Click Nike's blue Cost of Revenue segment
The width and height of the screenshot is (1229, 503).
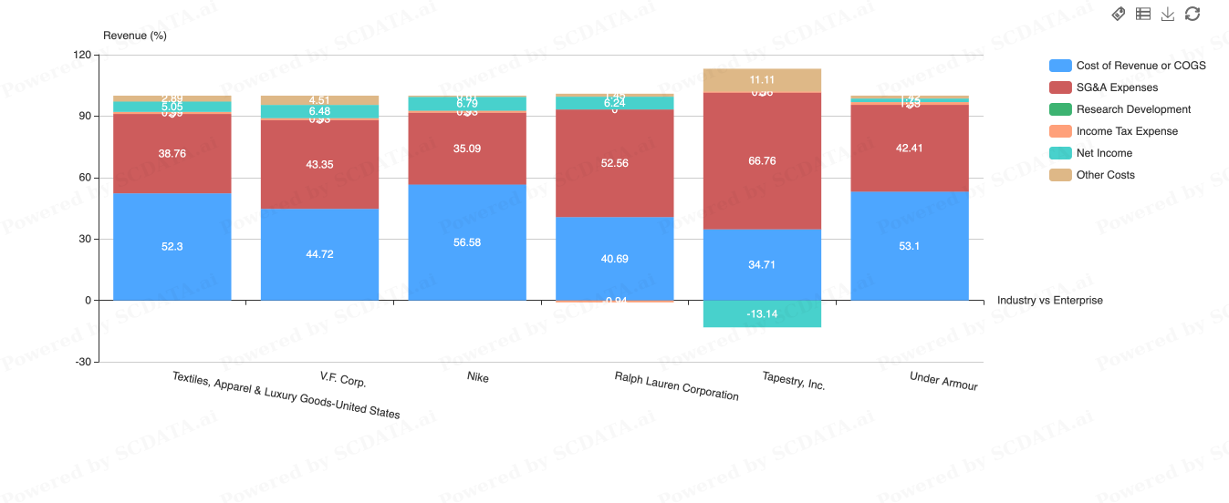tap(467, 242)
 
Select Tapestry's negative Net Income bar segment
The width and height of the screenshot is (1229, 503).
tap(762, 313)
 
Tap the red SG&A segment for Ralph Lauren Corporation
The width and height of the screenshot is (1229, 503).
tap(614, 163)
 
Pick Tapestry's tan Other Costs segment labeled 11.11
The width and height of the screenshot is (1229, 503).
tap(762, 80)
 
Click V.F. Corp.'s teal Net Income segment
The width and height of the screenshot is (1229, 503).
tap(319, 111)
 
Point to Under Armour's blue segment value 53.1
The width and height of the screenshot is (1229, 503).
tap(910, 246)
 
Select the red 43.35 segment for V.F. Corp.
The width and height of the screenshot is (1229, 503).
tap(319, 164)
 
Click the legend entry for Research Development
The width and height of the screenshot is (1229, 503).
tap(1133, 109)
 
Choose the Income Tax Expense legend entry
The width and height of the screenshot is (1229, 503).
tap(1127, 131)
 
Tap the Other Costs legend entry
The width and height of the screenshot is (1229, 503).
tap(1105, 175)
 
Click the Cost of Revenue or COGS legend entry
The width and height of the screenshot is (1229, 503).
tap(1140, 66)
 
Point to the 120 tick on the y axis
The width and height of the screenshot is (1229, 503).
tap(82, 56)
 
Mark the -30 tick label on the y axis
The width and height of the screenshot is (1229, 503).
tap(82, 362)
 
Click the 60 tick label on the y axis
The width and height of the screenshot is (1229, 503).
tap(85, 178)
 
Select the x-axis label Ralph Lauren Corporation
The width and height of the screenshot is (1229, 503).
tap(676, 385)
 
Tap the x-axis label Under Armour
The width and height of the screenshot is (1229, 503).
tap(943, 381)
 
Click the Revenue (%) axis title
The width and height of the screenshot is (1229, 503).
tap(135, 36)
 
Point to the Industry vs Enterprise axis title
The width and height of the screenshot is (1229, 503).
tap(1049, 300)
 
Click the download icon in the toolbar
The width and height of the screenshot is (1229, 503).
tap(1168, 14)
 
